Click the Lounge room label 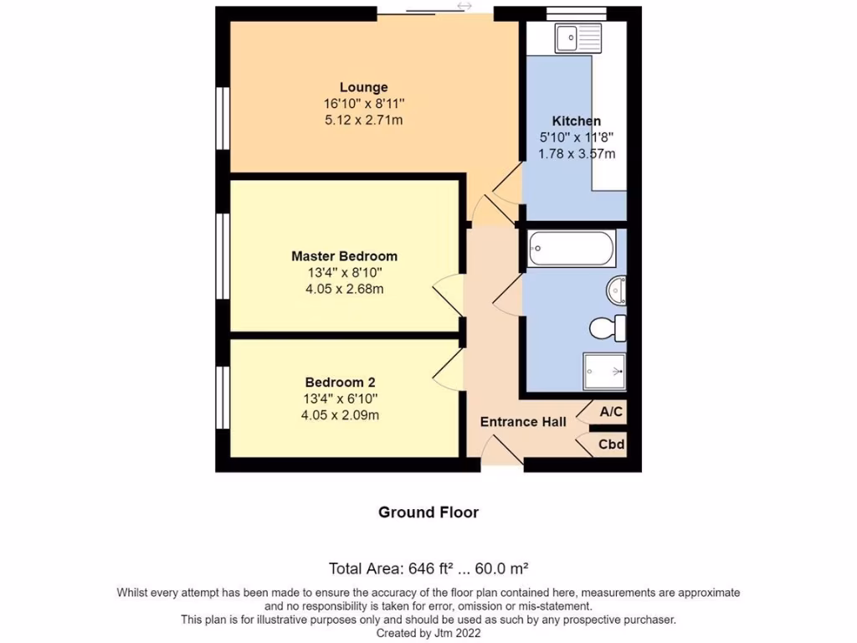(x=363, y=87)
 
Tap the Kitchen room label (x=576, y=121)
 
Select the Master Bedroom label (x=344, y=256)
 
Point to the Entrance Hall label (x=523, y=421)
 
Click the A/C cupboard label (x=611, y=412)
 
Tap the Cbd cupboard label (x=611, y=445)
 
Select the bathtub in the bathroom (x=572, y=249)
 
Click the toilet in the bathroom (x=608, y=327)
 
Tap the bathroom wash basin (x=616, y=291)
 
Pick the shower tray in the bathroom (x=604, y=372)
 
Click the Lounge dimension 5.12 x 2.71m (x=363, y=121)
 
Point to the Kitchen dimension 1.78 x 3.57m (x=577, y=154)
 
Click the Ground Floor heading (x=428, y=512)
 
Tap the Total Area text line (x=428, y=569)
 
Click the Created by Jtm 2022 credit (x=428, y=634)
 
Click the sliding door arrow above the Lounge (x=464, y=7)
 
